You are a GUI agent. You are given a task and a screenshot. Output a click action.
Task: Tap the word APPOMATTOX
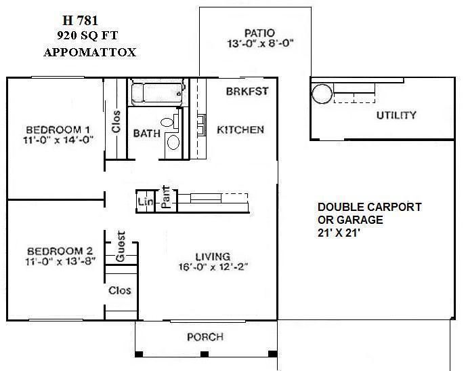click(89, 52)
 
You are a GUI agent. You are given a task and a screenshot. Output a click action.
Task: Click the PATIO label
click(259, 33)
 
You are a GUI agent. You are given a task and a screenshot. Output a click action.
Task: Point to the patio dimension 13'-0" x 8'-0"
click(259, 45)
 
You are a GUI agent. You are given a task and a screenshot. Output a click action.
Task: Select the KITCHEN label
click(240, 130)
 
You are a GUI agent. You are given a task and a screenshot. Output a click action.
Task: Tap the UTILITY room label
click(396, 115)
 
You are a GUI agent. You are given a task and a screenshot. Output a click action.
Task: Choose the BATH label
click(146, 134)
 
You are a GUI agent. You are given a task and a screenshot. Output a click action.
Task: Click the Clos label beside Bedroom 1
click(116, 122)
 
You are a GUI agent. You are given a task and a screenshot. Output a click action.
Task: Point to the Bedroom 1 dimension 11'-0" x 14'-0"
click(58, 140)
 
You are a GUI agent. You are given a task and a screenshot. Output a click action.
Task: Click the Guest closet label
click(121, 247)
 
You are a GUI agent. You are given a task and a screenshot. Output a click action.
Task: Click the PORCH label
click(205, 337)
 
